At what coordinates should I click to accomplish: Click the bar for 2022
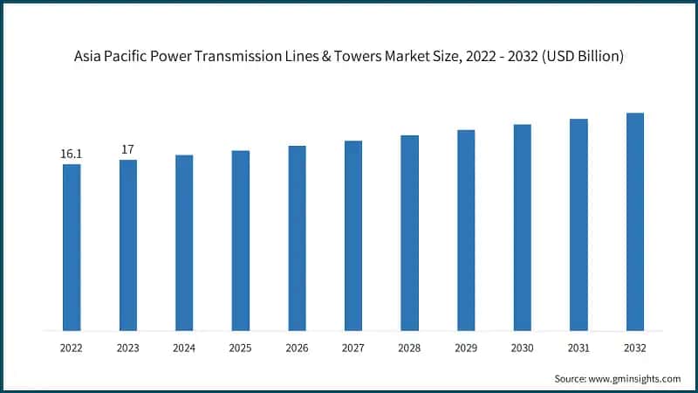(72, 248)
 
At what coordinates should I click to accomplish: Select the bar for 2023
(128, 245)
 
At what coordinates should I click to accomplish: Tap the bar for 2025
(241, 241)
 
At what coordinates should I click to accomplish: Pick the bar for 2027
(353, 236)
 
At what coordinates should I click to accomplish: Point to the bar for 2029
(466, 231)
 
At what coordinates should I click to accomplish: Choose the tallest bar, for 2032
(635, 222)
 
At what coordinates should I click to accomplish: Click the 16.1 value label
(72, 155)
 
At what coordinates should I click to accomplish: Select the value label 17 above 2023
(128, 150)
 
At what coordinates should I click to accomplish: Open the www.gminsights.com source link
(636, 378)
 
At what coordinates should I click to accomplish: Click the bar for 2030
(522, 228)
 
